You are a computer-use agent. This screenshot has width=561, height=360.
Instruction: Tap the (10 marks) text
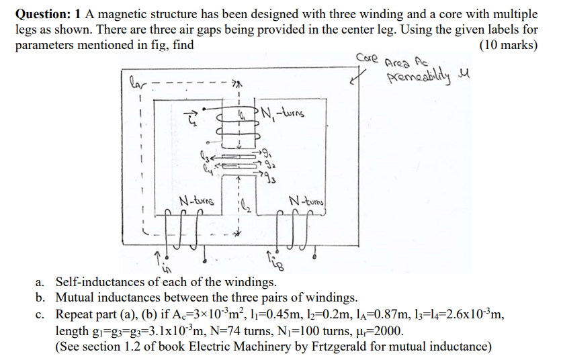pos(509,45)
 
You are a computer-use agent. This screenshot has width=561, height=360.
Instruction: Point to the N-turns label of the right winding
pos(306,201)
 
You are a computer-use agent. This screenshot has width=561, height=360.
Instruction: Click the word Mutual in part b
pos(77,298)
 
